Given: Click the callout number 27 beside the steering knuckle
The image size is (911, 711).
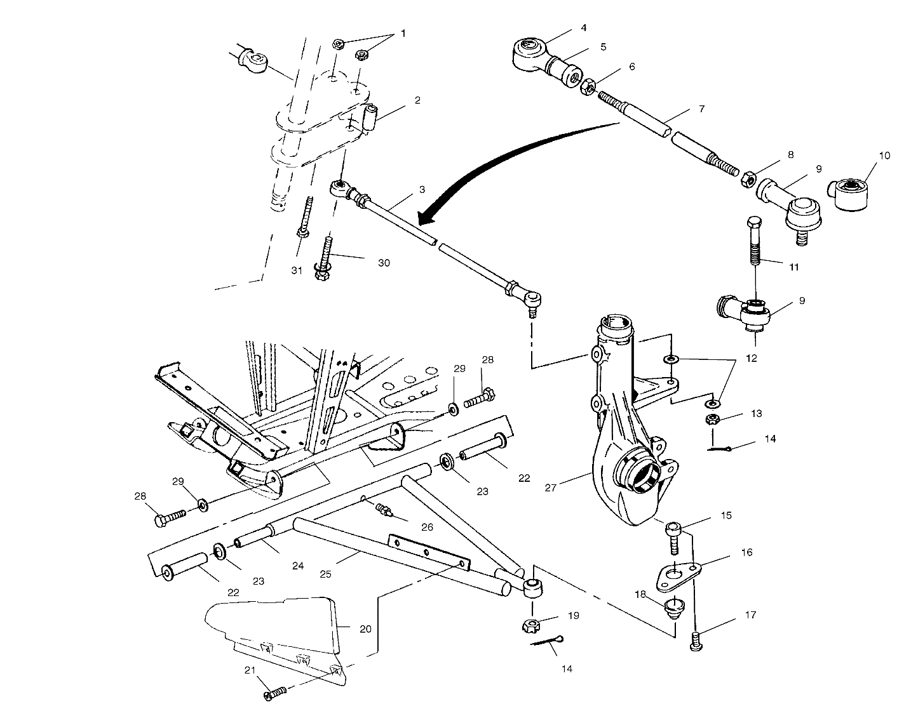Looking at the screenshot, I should (551, 488).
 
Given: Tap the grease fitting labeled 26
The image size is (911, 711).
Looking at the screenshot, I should (383, 509).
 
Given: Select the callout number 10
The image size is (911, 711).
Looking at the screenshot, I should (884, 156).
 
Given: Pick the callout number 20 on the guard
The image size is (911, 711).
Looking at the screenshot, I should (365, 628).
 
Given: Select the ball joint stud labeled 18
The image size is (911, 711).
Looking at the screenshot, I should (673, 608).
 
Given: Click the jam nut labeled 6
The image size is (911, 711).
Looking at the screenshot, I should (588, 87).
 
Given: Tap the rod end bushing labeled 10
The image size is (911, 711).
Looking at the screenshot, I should (849, 194).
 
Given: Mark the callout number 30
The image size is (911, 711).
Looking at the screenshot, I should (383, 263).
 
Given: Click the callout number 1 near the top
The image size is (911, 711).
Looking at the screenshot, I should (402, 33).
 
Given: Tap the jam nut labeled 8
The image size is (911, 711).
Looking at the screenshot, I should (748, 180).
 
